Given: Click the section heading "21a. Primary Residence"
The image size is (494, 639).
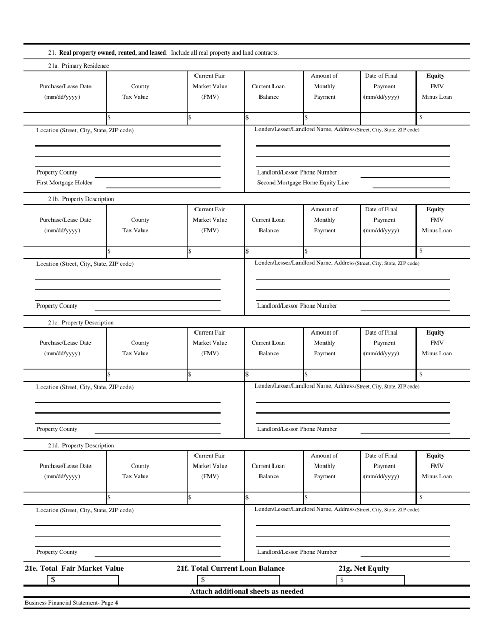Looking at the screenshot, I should click(x=79, y=66).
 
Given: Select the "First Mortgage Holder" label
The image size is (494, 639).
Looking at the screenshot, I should click(x=64, y=183).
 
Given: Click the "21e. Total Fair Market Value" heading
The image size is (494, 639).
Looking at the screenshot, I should click(x=74, y=568).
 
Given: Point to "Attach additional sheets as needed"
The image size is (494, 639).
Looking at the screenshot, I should click(x=246, y=591).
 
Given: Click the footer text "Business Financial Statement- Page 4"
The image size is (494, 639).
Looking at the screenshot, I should click(x=71, y=603).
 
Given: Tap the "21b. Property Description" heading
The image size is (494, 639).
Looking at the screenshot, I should click(x=81, y=199).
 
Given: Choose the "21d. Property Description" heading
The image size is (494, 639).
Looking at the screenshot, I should click(x=81, y=446).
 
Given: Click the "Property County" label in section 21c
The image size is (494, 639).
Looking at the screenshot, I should click(x=57, y=429).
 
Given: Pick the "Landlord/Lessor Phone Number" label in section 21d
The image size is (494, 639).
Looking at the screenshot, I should click(x=297, y=552).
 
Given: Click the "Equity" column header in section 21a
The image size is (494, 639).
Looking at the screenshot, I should click(x=436, y=76).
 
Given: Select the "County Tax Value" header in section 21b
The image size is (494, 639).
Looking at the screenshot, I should click(x=140, y=225).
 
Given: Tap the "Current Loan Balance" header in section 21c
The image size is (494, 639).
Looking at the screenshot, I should click(x=268, y=348).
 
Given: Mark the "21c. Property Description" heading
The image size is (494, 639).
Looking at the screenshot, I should click(x=81, y=323).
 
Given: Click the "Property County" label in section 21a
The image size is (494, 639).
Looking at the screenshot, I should click(x=57, y=172).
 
